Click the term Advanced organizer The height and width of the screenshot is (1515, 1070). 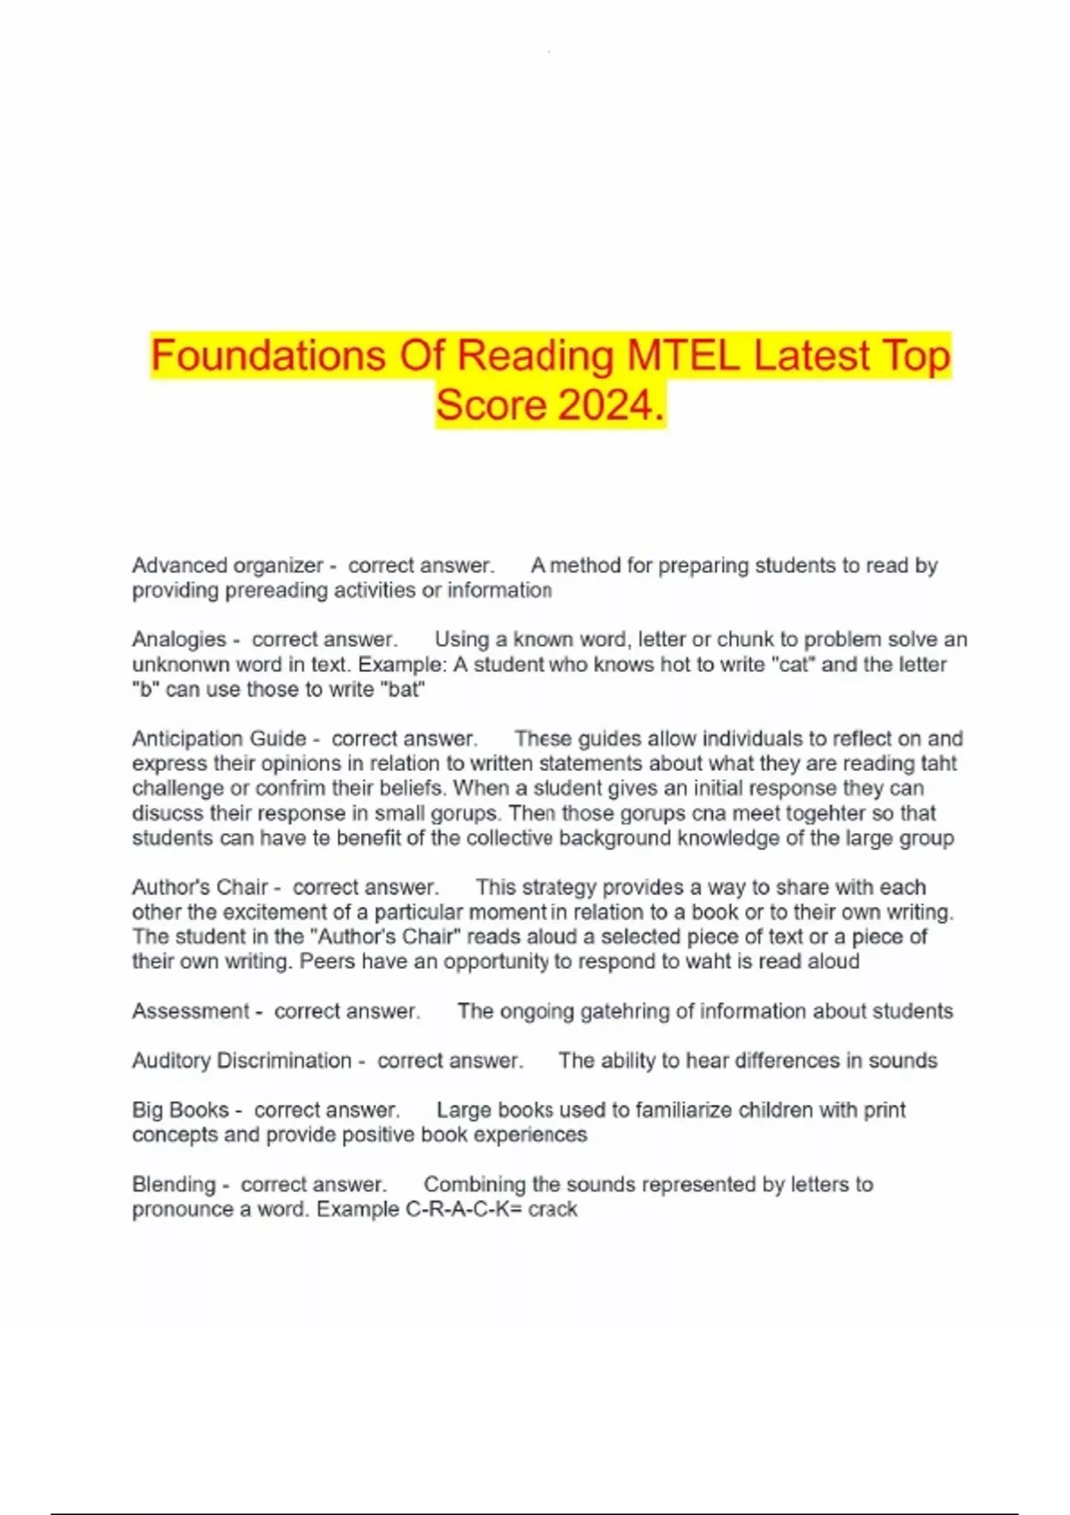pos(227,565)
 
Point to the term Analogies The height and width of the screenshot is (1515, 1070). pos(179,639)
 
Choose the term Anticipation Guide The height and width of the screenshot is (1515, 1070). pos(219,738)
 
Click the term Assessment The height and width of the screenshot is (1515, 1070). pos(191,1011)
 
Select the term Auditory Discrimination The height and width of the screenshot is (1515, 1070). pos(242,1060)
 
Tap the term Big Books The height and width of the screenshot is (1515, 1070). pos(181,1110)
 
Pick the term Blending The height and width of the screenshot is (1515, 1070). pos(174,1184)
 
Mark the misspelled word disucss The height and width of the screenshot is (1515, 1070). pos(164,813)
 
